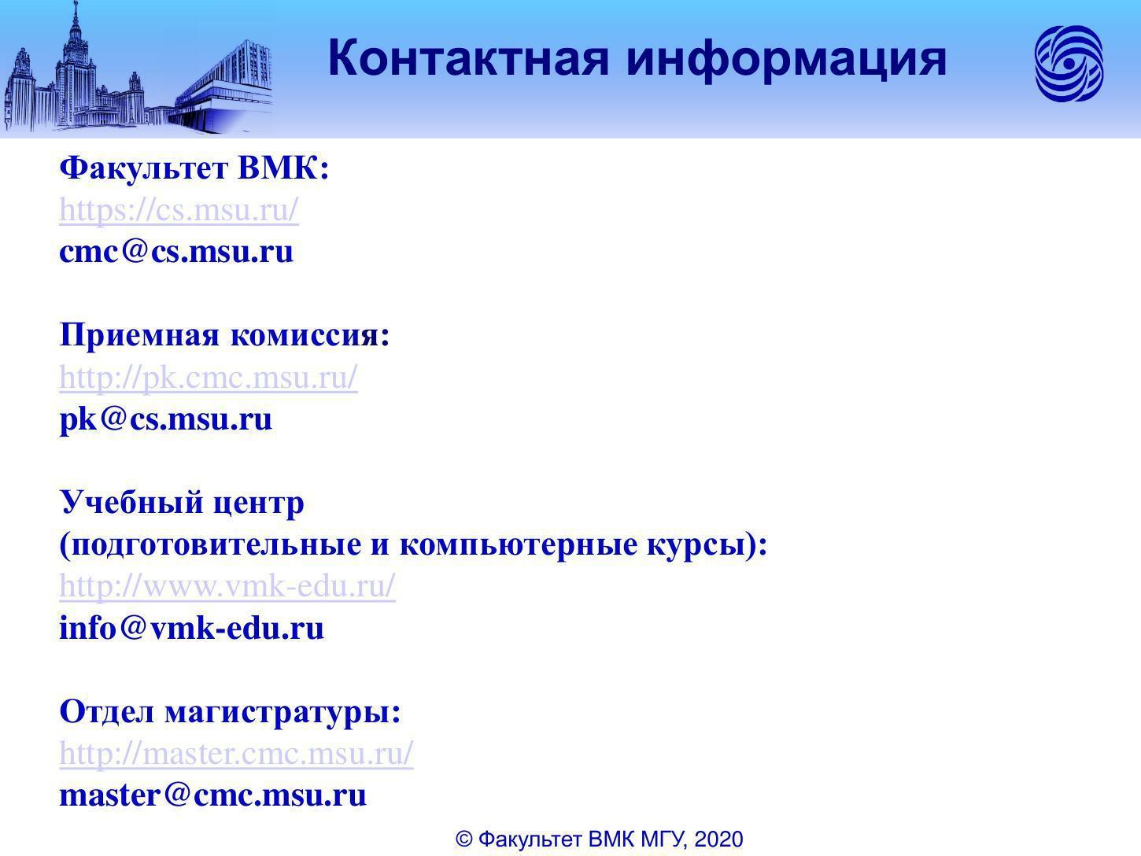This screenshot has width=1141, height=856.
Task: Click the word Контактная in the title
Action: (468, 58)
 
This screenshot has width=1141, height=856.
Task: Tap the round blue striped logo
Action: (1069, 64)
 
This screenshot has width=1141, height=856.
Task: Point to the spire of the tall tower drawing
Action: (76, 14)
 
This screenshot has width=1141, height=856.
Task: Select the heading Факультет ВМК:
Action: (194, 168)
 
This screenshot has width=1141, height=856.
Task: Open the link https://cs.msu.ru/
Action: (179, 210)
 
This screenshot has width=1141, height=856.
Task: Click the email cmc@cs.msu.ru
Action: (177, 252)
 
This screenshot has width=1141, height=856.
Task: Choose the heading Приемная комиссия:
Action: (224, 334)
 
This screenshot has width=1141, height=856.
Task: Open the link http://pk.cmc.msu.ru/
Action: (209, 378)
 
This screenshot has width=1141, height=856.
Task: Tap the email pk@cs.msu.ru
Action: (166, 420)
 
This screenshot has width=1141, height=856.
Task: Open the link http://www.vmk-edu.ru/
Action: (227, 586)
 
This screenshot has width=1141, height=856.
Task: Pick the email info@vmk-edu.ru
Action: (192, 628)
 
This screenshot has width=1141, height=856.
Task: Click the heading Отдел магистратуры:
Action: (231, 711)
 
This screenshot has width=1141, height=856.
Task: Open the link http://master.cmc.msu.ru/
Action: (237, 754)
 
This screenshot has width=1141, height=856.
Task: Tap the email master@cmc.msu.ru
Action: (213, 795)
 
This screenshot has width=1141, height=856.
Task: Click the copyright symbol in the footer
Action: (463, 839)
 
